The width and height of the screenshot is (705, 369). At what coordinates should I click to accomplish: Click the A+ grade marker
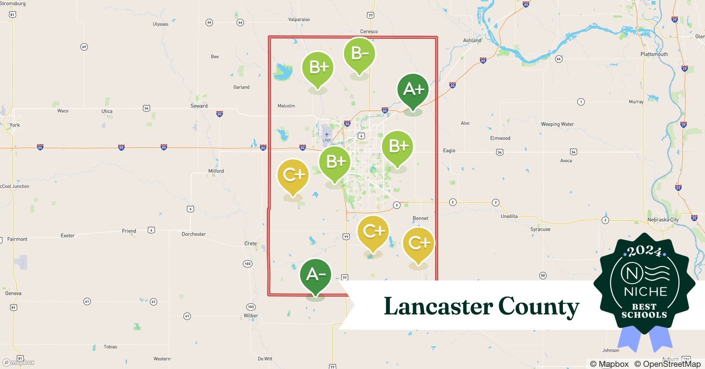(413, 90)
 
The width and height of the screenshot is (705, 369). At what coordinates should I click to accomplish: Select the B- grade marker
(359, 54)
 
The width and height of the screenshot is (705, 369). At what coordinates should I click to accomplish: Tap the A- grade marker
(316, 275)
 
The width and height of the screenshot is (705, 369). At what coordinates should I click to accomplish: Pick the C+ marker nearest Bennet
(418, 243)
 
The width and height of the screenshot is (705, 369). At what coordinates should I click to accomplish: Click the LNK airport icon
(327, 135)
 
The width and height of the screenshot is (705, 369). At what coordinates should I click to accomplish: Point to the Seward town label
(199, 106)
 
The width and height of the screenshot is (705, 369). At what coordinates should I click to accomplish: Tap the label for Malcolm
(286, 106)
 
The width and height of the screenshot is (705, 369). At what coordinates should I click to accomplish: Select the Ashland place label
(472, 40)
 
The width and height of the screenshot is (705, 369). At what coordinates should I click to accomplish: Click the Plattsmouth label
(654, 54)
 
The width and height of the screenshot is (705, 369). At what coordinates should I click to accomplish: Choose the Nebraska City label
(663, 220)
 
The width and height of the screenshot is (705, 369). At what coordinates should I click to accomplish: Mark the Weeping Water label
(557, 124)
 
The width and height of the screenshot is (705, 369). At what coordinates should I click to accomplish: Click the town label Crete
(250, 244)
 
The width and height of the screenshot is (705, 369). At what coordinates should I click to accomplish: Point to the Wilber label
(251, 315)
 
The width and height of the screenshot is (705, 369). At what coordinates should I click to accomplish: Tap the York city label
(15, 125)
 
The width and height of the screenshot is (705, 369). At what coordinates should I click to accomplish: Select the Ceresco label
(369, 31)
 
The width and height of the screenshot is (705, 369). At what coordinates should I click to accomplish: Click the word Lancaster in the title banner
(438, 306)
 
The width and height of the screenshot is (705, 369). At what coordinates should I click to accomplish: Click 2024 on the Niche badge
(644, 251)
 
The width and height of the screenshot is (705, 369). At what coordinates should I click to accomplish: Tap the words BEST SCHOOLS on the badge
(644, 311)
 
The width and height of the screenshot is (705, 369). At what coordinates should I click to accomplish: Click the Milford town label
(216, 171)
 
